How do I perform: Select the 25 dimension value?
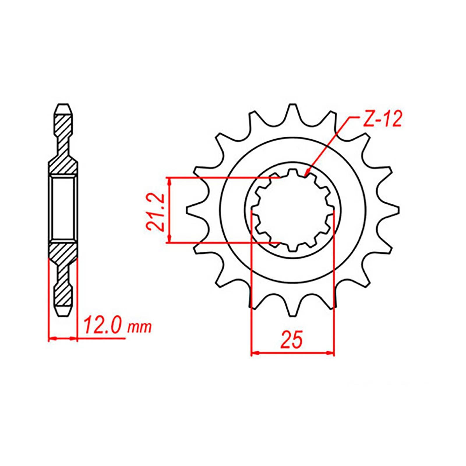click(292, 339)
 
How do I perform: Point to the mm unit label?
click(140, 328)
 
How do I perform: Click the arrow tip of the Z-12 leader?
click(305, 175)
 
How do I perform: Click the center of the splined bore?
click(292, 209)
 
